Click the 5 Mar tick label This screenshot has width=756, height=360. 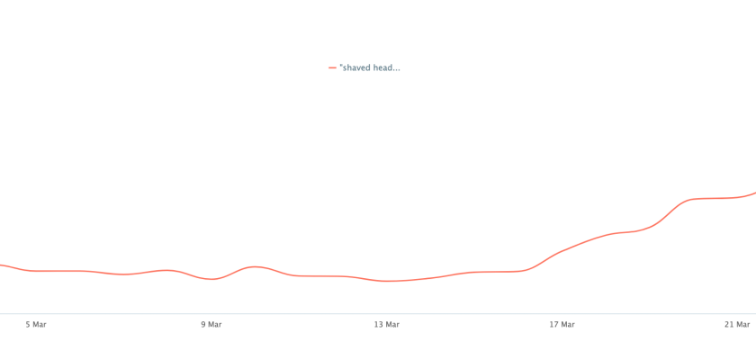click(x=36, y=325)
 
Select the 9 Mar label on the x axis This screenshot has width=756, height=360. click(x=211, y=325)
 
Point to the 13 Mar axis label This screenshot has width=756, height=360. click(x=386, y=325)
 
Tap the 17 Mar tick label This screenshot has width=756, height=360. click(x=562, y=325)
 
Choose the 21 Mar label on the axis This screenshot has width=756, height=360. click(x=738, y=325)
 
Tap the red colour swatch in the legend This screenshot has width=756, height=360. click(x=332, y=67)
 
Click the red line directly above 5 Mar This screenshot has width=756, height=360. click(x=36, y=271)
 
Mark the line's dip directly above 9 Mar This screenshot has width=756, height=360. click(x=211, y=279)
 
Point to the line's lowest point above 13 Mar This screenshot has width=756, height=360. click(x=387, y=281)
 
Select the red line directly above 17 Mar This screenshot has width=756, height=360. click(x=562, y=251)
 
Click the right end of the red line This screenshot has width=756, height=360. click(x=754, y=193)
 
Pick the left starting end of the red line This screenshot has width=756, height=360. click(x=2, y=265)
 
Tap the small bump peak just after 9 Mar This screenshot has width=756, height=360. click(x=256, y=266)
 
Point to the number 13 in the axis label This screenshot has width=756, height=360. click(x=379, y=325)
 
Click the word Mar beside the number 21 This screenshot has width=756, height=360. click(x=742, y=325)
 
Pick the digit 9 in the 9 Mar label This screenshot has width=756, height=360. click(x=202, y=325)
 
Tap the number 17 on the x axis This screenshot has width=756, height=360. click(x=554, y=325)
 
